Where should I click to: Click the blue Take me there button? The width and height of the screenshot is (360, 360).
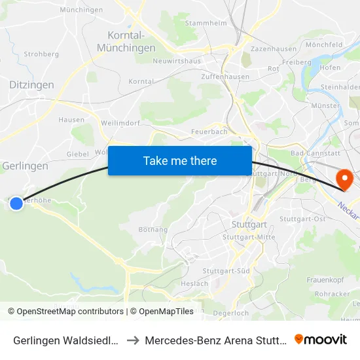(x=180, y=160)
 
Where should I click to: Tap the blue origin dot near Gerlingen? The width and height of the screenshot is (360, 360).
(x=16, y=204)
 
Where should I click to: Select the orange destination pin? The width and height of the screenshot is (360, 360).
(x=343, y=179)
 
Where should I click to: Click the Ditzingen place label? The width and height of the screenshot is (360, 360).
(x=32, y=84)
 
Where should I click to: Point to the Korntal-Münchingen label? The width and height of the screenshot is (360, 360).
(x=126, y=41)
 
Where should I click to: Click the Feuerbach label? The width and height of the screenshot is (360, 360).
(x=210, y=131)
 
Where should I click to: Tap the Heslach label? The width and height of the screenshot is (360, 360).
(x=194, y=283)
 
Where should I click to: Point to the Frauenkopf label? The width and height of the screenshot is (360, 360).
(x=325, y=280)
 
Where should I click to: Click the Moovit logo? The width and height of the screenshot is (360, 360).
(x=321, y=339)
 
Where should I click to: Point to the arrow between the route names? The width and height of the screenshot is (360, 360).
(x=132, y=340)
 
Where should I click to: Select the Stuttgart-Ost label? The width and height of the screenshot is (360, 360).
(x=302, y=219)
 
